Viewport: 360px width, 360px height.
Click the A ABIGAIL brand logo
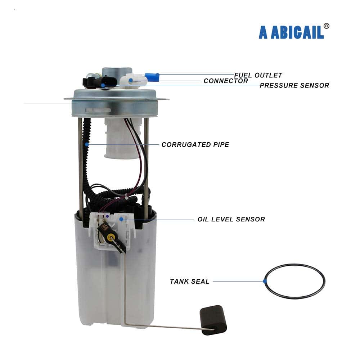(x=291, y=32)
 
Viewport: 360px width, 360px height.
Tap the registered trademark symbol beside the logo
(x=326, y=26)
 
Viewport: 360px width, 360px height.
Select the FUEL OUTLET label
(x=258, y=75)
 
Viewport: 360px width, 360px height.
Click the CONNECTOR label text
(x=226, y=81)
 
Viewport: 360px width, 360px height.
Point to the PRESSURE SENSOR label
(x=294, y=85)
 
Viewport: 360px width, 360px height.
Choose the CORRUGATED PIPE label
(x=195, y=144)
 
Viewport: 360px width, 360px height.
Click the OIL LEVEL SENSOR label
(x=231, y=219)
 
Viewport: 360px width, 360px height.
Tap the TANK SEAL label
(x=189, y=281)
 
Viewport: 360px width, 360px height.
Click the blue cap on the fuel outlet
(x=152, y=77)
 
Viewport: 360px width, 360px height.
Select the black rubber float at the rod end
(x=213, y=320)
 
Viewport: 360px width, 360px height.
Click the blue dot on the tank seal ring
(x=265, y=281)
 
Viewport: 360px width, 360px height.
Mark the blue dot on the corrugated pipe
(x=87, y=144)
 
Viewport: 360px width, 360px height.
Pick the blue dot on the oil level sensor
(x=121, y=219)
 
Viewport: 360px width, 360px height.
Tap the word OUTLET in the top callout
(x=269, y=75)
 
